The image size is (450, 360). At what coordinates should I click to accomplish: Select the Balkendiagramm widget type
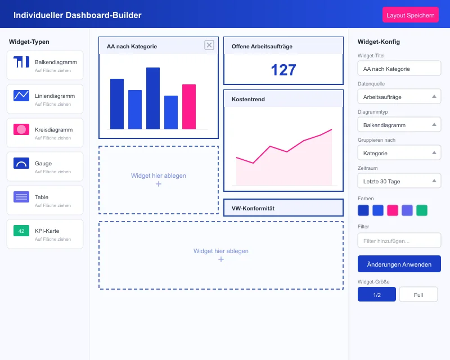45,65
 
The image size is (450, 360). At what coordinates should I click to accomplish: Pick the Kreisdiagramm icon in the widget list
21,129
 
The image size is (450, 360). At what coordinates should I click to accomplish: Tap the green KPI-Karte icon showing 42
21,231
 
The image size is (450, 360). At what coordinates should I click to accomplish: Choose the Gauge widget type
45,166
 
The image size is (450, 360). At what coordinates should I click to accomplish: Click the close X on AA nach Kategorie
209,46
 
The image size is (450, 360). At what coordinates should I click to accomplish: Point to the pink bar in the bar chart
189,106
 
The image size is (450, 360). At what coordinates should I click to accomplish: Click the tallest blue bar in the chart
153,98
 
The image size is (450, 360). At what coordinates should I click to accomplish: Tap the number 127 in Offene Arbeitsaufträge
283,70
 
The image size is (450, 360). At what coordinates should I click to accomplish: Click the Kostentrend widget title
248,100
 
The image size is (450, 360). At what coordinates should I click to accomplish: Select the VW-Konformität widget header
283,208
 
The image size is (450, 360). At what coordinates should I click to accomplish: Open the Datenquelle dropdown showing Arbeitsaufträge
399,97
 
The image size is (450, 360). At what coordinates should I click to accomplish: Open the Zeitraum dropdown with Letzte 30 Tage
399,181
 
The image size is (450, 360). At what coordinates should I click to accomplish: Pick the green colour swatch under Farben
422,210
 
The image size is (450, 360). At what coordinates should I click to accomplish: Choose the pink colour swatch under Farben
393,210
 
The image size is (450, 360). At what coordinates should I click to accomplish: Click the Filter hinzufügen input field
399,241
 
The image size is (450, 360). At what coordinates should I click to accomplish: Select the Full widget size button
418,295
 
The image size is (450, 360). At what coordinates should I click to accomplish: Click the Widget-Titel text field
399,69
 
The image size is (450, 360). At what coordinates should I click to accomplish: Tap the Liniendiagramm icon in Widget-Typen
21,96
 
